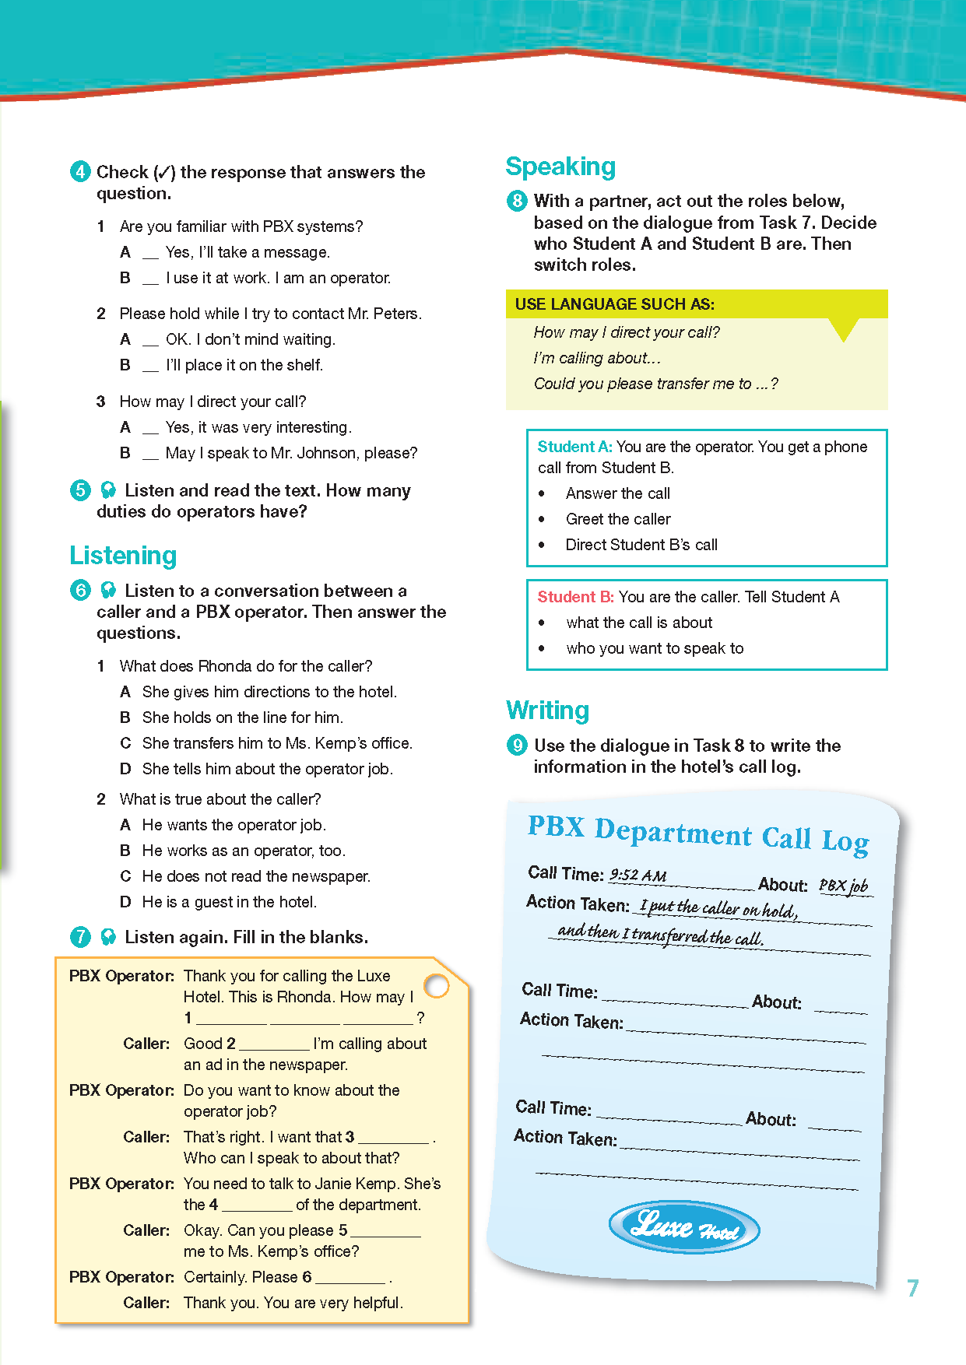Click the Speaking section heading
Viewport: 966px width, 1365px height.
(x=560, y=167)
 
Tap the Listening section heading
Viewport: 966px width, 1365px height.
(x=123, y=556)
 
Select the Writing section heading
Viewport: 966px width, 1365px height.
(x=547, y=711)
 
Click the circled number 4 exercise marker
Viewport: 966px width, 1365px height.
(x=80, y=171)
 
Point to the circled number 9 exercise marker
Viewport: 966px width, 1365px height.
(x=517, y=746)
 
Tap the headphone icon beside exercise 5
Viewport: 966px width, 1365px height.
(x=109, y=490)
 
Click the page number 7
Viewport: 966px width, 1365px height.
(x=913, y=1288)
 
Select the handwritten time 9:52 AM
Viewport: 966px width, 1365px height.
(x=638, y=875)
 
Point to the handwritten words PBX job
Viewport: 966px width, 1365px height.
(x=843, y=886)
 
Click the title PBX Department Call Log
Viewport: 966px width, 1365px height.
(x=698, y=833)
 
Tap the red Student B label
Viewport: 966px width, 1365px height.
(x=575, y=597)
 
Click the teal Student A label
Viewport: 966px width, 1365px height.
(x=574, y=447)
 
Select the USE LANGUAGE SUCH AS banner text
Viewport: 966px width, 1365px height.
(x=615, y=304)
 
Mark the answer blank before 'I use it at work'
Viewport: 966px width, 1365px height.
(x=150, y=279)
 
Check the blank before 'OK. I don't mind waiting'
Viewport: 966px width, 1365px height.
(x=150, y=341)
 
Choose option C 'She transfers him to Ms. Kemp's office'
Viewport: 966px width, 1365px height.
(x=276, y=743)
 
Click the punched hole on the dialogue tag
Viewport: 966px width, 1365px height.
(x=437, y=986)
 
